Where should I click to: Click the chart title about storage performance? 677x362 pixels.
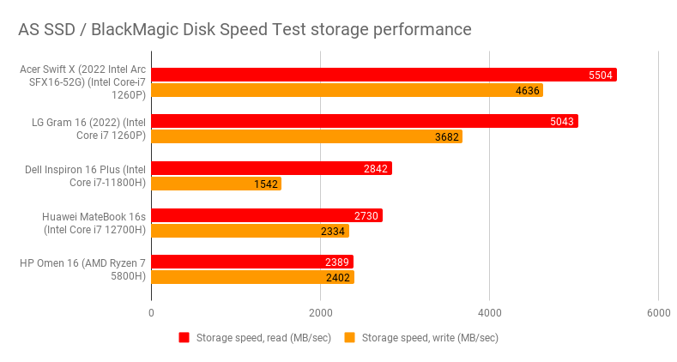pyautogui.click(x=245, y=29)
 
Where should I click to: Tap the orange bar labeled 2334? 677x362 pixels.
pyautogui.click(x=249, y=231)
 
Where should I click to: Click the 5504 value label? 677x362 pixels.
pyautogui.click(x=601, y=75)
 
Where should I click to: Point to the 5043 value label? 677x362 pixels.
pyautogui.click(x=562, y=121)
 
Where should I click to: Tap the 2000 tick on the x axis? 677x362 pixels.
pyautogui.click(x=321, y=313)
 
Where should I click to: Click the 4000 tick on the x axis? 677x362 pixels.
pyautogui.click(x=490, y=313)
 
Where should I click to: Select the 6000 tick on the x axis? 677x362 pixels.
pyautogui.click(x=658, y=313)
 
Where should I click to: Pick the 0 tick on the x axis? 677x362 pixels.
pyautogui.click(x=152, y=313)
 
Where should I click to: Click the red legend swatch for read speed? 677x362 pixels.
pyautogui.click(x=184, y=338)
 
